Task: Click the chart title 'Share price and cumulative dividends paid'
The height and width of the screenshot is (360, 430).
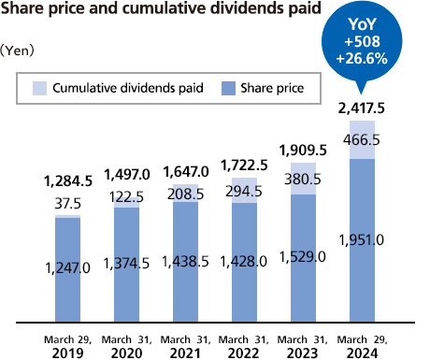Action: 169,12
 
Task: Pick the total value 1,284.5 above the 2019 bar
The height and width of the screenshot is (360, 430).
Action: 66,180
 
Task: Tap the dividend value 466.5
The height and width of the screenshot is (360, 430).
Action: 362,139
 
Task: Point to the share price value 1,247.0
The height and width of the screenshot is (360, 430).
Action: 66,267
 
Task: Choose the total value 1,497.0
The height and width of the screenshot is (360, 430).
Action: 126,174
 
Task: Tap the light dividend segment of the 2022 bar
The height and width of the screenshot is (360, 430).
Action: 244,190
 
